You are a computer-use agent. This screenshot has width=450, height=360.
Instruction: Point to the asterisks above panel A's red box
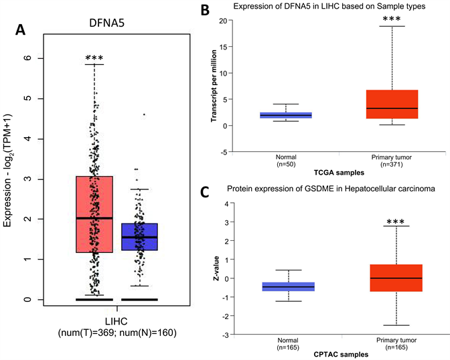(94, 53)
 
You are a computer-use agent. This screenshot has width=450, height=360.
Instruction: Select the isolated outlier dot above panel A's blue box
(144, 114)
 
